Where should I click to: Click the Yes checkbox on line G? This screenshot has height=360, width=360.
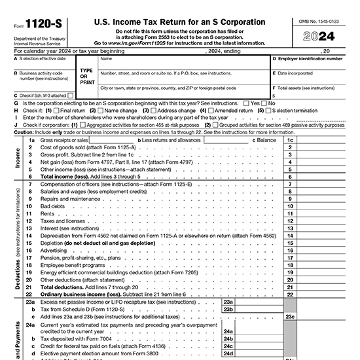[246, 103]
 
